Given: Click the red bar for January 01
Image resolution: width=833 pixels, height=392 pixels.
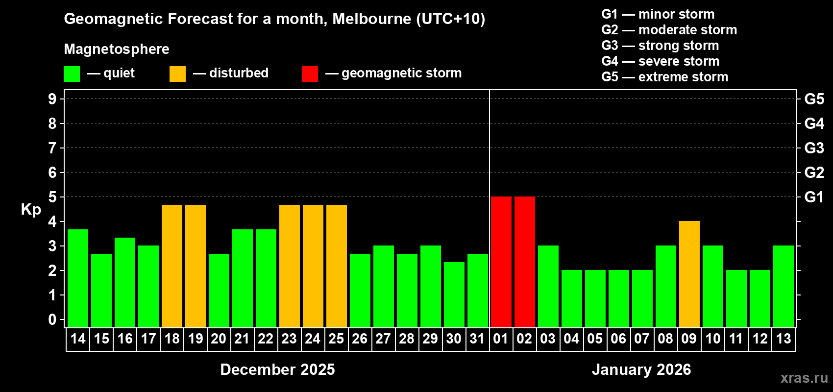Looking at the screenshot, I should (501, 262).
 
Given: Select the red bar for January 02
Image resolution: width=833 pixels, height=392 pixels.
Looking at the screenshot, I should (524, 262).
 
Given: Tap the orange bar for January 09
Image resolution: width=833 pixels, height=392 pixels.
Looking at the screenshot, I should (689, 274).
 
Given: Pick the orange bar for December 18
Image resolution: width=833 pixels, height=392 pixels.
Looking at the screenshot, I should (171, 266).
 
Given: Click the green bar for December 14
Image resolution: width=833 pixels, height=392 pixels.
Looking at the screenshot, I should (77, 278).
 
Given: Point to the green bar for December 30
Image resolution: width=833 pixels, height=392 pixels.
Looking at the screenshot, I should (454, 294).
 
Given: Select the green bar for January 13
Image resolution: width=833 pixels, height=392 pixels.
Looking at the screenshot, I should (783, 286).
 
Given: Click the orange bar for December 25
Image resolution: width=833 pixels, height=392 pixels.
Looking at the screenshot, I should (336, 266).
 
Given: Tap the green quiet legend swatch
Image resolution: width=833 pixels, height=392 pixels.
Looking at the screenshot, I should (72, 74).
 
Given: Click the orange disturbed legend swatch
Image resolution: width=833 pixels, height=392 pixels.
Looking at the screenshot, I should (177, 74).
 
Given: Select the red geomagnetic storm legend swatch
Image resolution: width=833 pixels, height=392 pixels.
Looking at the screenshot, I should (310, 74).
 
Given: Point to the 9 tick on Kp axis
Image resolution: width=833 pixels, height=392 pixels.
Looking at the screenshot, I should (52, 99).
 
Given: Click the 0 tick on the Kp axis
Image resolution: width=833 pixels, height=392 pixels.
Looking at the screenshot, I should (52, 319).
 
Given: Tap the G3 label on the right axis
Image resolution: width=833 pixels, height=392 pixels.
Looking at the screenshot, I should (814, 148).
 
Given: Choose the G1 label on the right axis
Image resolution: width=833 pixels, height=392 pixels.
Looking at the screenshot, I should (814, 197).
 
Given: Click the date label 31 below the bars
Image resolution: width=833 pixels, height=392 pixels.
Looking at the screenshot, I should (477, 339).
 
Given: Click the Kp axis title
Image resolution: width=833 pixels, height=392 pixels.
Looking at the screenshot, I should (31, 209).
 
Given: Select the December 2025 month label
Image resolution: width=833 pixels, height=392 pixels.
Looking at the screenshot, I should (277, 369).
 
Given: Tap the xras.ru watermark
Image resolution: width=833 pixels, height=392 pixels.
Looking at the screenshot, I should (804, 377).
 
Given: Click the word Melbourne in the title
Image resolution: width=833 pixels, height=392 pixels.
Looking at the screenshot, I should (371, 19).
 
